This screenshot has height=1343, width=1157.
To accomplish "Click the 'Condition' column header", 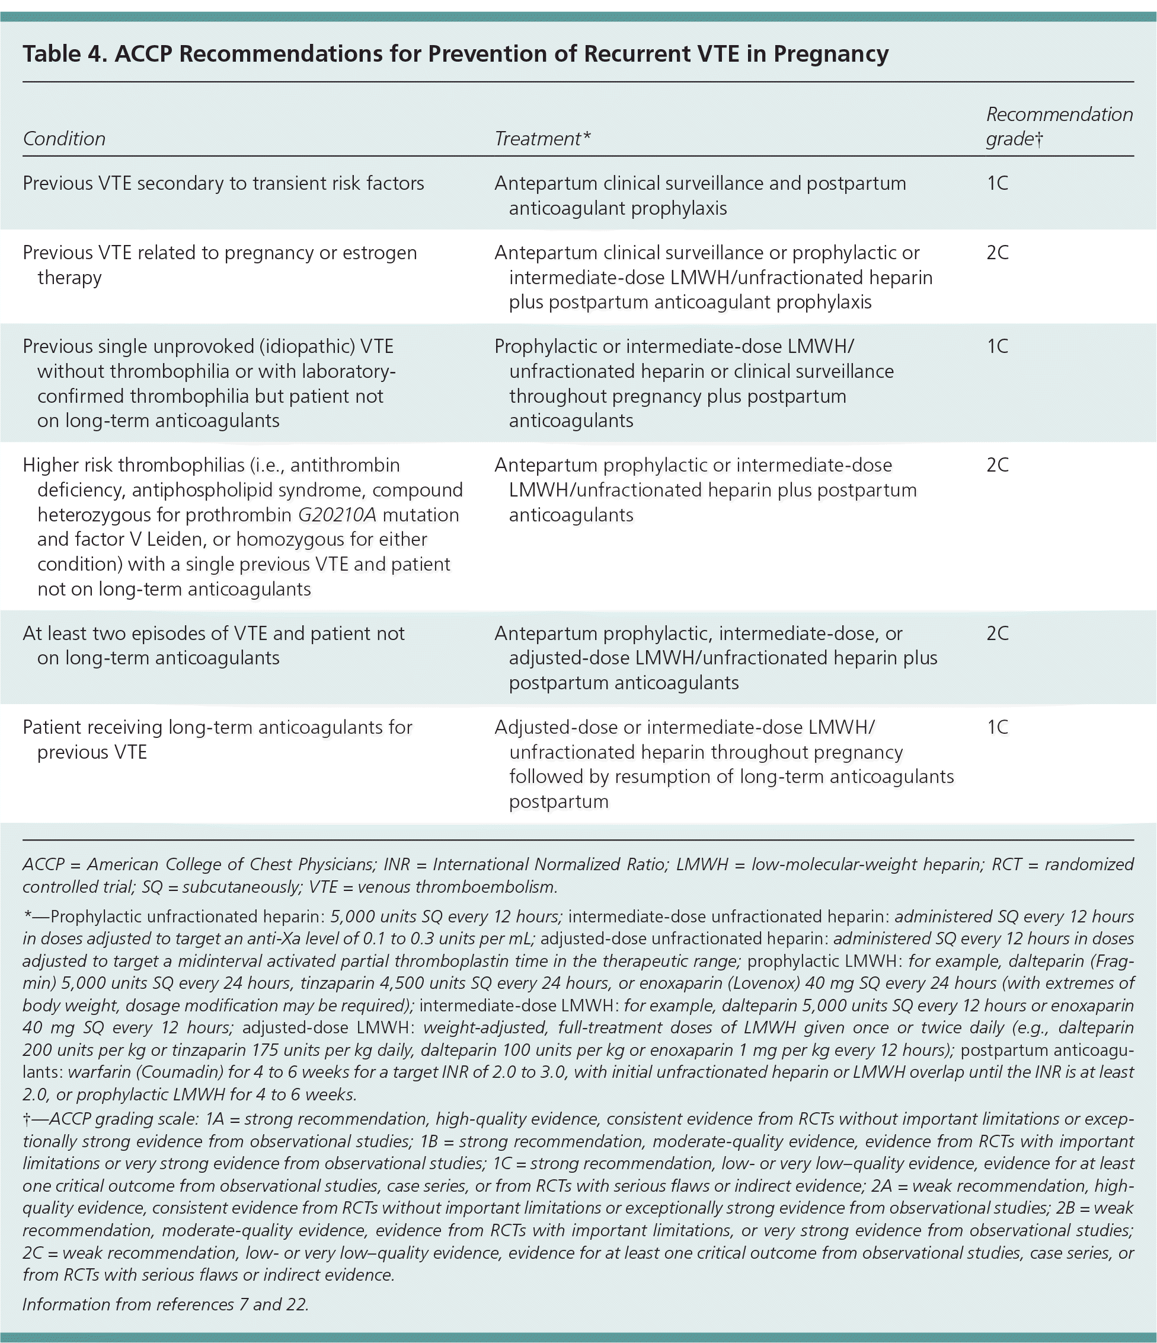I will (x=64, y=139).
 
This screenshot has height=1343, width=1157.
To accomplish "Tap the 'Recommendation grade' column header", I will (x=1059, y=126).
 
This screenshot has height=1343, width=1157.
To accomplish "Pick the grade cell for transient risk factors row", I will (x=998, y=183).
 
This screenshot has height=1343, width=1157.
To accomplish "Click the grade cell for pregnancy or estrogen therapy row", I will (x=998, y=253).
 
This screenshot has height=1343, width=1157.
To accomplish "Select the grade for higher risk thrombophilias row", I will (x=998, y=466).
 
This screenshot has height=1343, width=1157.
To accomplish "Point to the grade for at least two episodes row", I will (x=998, y=634).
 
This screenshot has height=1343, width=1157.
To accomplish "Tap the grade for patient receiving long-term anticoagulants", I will (x=998, y=727).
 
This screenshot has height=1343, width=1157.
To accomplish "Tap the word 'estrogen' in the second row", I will (x=379, y=253).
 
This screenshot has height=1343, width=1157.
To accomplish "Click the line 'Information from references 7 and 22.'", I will (x=165, y=1304).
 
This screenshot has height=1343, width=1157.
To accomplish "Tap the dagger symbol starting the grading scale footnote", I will (x=27, y=1119).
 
